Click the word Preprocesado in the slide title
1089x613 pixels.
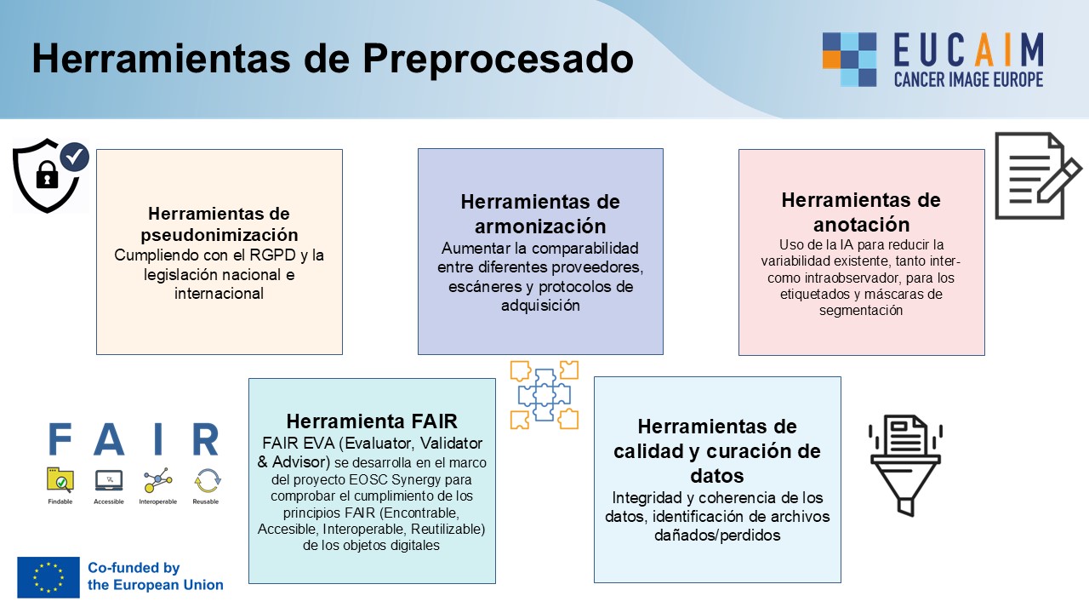(x=498, y=60)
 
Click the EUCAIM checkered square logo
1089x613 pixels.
(x=849, y=60)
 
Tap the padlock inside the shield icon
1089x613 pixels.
(x=47, y=175)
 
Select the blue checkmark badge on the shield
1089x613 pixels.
(x=74, y=157)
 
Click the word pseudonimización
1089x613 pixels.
(x=220, y=235)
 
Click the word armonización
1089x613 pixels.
(x=540, y=226)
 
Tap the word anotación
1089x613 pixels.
(x=862, y=225)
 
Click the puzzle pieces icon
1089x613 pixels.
(x=544, y=394)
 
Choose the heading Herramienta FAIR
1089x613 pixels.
(x=372, y=421)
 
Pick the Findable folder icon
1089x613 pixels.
(x=60, y=480)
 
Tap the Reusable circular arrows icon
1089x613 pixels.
(x=208, y=481)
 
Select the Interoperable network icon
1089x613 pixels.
(x=157, y=481)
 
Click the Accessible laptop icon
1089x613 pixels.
(x=109, y=481)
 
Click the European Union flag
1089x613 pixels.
(x=48, y=577)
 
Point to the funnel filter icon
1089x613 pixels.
(x=905, y=465)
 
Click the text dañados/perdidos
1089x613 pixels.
(x=717, y=536)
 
